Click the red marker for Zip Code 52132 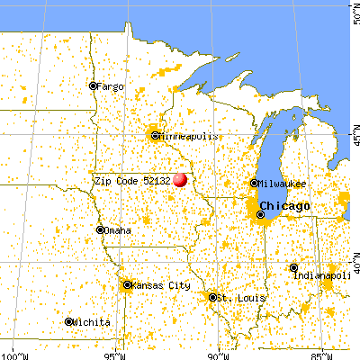pyautogui.click(x=180, y=179)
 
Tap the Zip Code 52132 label pyautogui.click(x=132, y=180)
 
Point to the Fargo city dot pyautogui.click(x=93, y=86)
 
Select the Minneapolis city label pyautogui.click(x=188, y=136)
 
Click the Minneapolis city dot pyautogui.click(x=155, y=136)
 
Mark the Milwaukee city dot pyautogui.click(x=254, y=184)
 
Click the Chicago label pyautogui.click(x=289, y=206)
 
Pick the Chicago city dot pyautogui.click(x=262, y=214)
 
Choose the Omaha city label pyautogui.click(x=118, y=230)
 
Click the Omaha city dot pyautogui.click(x=101, y=230)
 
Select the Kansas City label pyautogui.click(x=162, y=285)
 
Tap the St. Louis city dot pyautogui.click(x=213, y=297)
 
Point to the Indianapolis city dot pyautogui.click(x=294, y=267)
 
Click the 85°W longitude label pyautogui.click(x=319, y=354)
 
